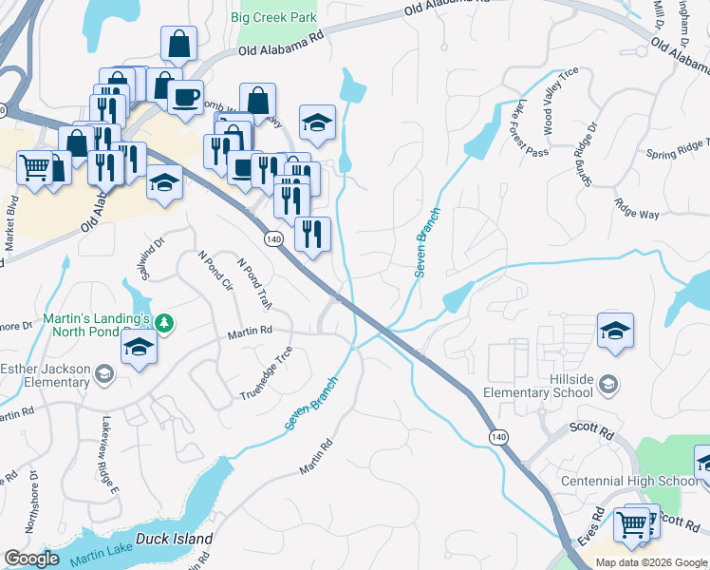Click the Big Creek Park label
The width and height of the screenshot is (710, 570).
pos(275,17)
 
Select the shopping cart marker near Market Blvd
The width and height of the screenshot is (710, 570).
pos(35,167)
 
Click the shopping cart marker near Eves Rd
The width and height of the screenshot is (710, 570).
pos(631,523)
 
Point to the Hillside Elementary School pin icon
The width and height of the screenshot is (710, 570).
pos(608,383)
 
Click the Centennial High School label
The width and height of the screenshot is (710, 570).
pos(629,481)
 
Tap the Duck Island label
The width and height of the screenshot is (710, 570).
pos(174,539)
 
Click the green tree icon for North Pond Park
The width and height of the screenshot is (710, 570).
pos(165,324)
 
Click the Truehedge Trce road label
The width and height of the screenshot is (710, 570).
pos(267,373)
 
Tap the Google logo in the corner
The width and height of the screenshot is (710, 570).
pos(31,559)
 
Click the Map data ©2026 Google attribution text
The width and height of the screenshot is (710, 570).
pos(650,562)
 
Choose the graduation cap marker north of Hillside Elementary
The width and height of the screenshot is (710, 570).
pos(615,332)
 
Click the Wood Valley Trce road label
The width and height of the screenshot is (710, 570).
pos(559,100)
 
